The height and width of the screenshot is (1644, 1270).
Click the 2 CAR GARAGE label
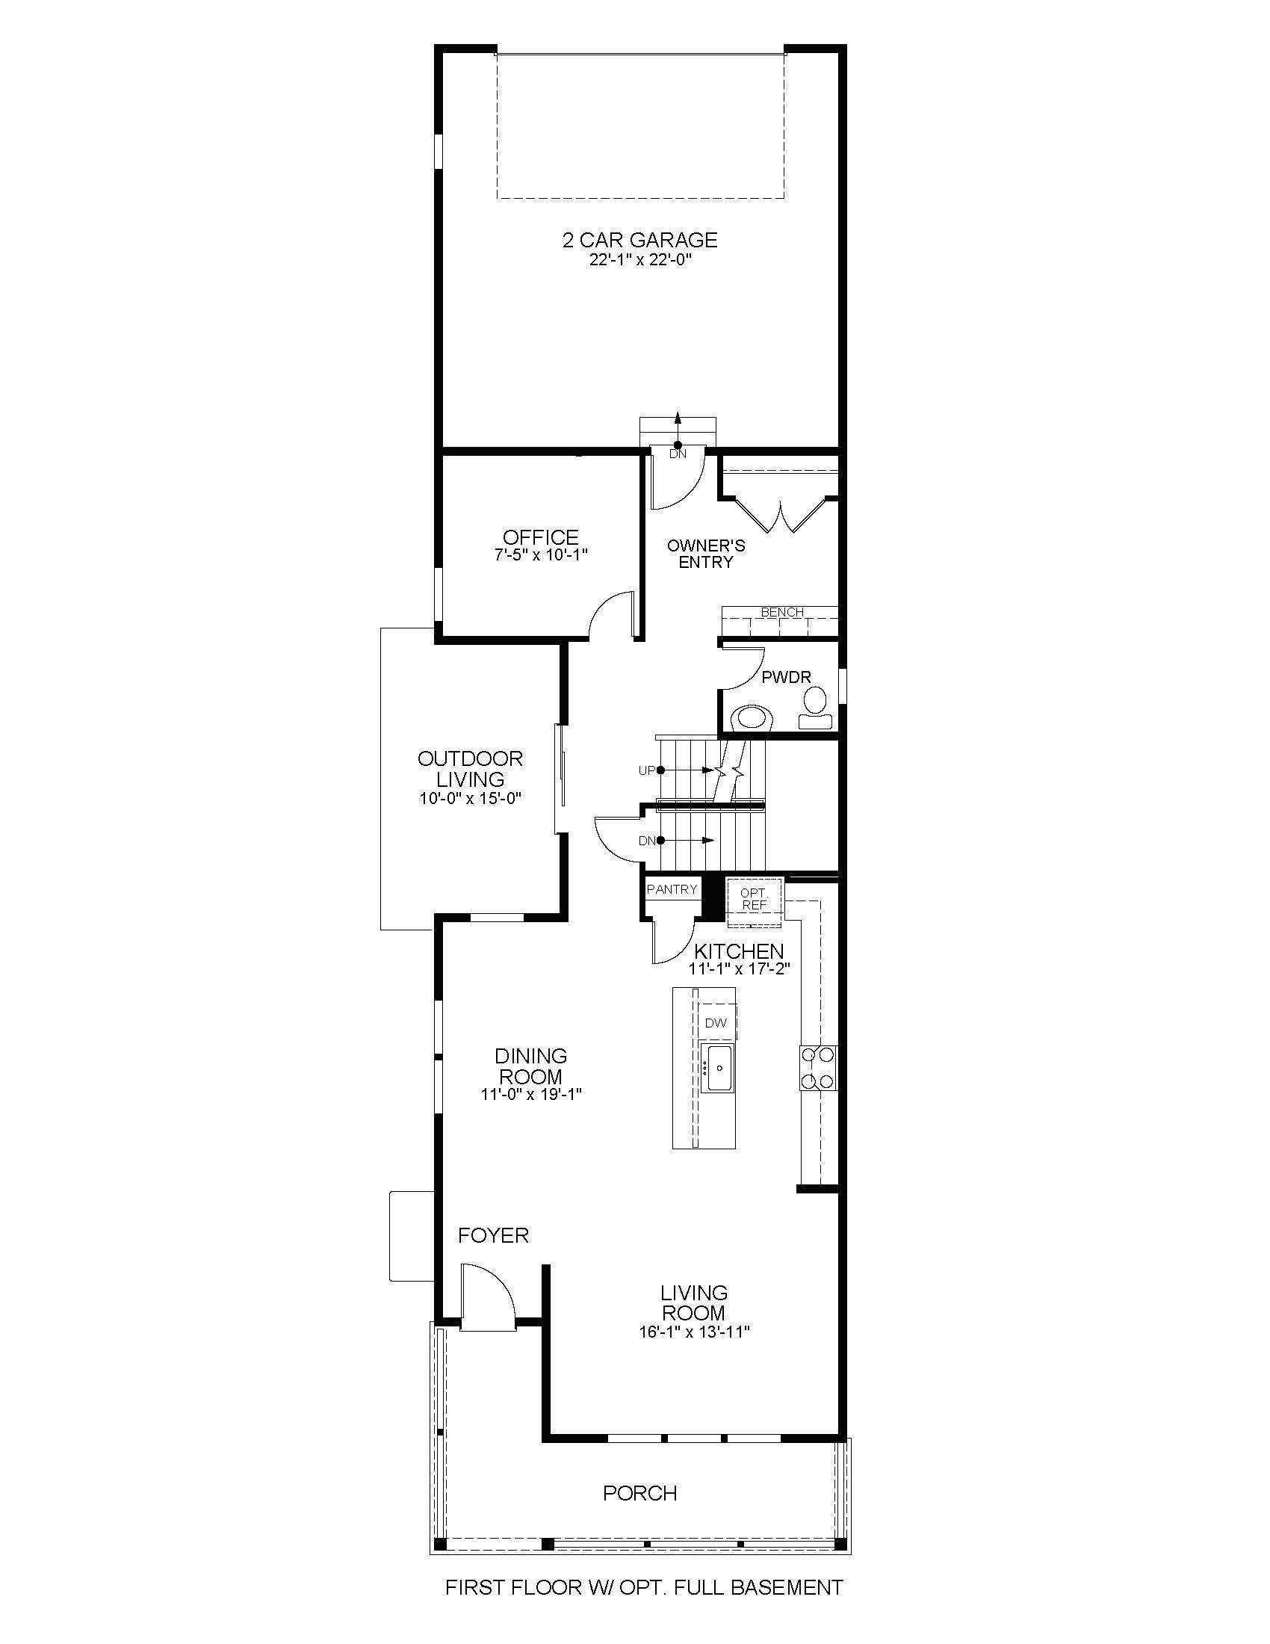tap(639, 240)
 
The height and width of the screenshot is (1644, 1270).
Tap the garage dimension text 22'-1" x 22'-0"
tap(639, 261)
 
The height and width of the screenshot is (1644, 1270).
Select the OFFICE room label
tap(540, 537)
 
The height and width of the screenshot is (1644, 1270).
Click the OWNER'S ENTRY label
tap(706, 554)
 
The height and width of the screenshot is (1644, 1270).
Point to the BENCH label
tap(781, 612)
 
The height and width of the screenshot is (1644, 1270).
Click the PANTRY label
tap(672, 889)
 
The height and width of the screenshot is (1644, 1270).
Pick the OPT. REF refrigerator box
tap(754, 899)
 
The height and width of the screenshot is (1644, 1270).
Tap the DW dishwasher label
tap(716, 1023)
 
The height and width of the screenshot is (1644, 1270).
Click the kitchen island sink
tap(718, 1067)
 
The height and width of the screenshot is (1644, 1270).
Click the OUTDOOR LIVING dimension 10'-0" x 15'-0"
tap(470, 798)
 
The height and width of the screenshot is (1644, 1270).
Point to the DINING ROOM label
tap(530, 1066)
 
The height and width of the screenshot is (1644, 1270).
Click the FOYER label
tap(493, 1235)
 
